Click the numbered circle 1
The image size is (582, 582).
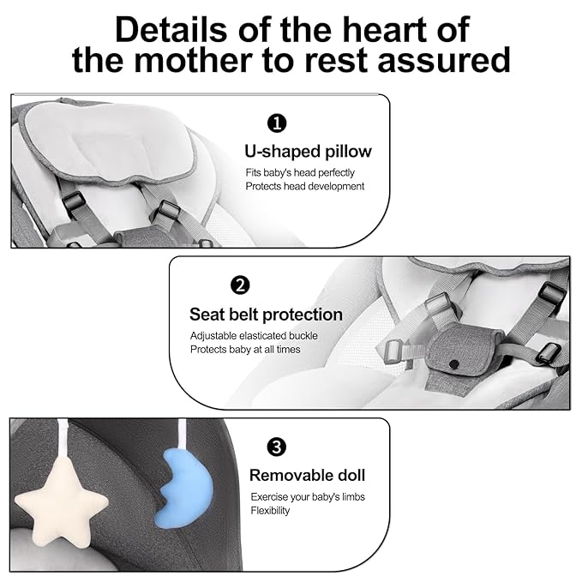tap(277, 123)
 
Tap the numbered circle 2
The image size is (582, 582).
tap(241, 285)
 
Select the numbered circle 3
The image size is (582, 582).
tap(277, 447)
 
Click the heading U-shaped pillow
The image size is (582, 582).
tap(308, 152)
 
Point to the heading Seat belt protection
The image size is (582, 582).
tap(266, 315)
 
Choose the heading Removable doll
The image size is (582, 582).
tap(307, 475)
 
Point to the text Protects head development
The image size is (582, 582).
tap(304, 186)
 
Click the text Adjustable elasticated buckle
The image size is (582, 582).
tap(255, 336)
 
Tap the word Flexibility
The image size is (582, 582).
tap(270, 511)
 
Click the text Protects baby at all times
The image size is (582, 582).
tap(245, 350)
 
